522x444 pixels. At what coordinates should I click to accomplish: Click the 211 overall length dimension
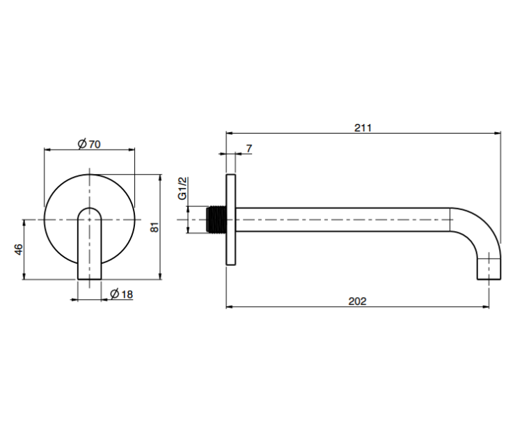(x=363, y=128)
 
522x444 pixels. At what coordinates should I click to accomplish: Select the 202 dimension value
(x=357, y=301)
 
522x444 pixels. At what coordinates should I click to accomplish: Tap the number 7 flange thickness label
(x=249, y=149)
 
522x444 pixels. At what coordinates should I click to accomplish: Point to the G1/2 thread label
(x=182, y=189)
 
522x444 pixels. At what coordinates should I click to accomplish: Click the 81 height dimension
(x=155, y=227)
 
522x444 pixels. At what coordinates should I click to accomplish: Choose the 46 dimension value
(x=19, y=250)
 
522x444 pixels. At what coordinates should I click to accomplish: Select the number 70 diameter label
(x=94, y=145)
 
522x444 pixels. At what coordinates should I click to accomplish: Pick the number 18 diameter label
(x=127, y=294)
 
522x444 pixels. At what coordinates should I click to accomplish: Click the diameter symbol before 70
(x=82, y=144)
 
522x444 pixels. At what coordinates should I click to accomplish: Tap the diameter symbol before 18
(x=115, y=294)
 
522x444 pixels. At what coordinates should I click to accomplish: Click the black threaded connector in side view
(x=216, y=219)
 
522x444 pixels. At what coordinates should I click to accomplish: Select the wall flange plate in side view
(x=231, y=220)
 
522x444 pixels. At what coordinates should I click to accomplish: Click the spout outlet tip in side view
(x=489, y=269)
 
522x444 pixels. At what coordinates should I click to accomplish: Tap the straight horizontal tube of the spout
(x=343, y=220)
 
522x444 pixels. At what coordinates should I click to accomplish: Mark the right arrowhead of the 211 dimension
(x=498, y=133)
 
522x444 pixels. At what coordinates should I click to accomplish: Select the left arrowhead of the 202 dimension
(x=230, y=306)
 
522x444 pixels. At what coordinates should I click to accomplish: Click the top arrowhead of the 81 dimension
(x=161, y=177)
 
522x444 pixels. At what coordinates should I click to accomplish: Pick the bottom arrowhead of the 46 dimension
(x=24, y=276)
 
